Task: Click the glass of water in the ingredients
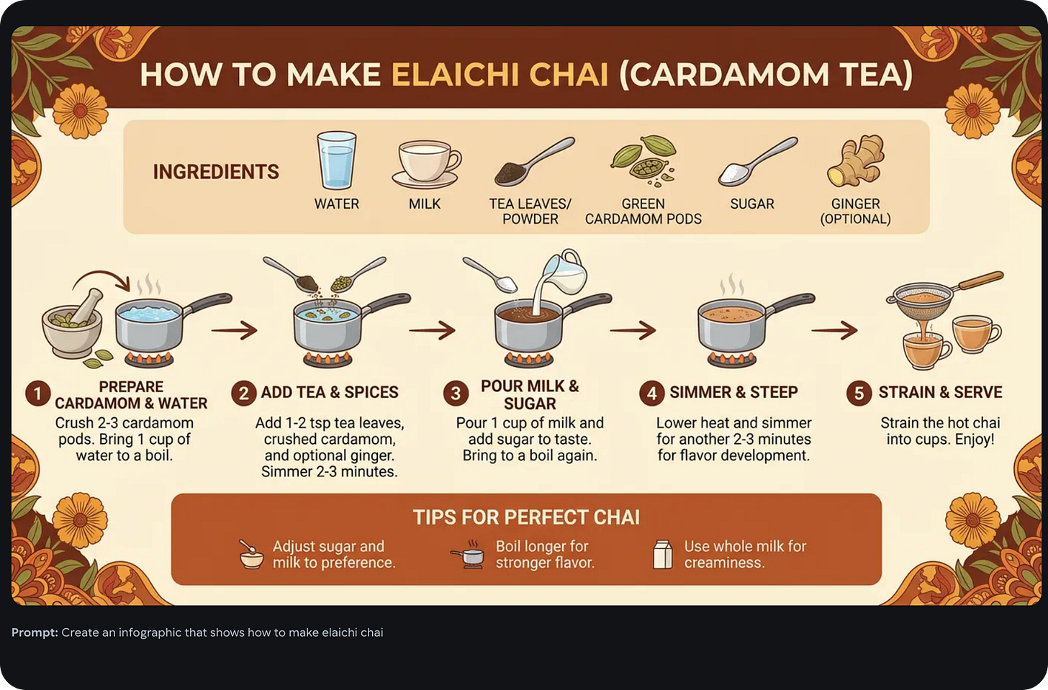[336, 160]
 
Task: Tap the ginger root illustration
[856, 160]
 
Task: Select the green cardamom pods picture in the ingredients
[643, 160]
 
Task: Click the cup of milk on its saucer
[426, 164]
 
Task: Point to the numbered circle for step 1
[38, 393]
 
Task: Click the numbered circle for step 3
[456, 393]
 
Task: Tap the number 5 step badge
[859, 393]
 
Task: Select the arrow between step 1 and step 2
[235, 330]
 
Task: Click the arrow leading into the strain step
[835, 330]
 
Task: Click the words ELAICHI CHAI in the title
[500, 75]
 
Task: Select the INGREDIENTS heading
[216, 172]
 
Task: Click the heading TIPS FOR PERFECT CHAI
[526, 517]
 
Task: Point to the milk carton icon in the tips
[662, 554]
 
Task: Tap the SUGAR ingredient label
[752, 204]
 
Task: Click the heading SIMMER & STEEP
[733, 392]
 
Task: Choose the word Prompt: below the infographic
[35, 632]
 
